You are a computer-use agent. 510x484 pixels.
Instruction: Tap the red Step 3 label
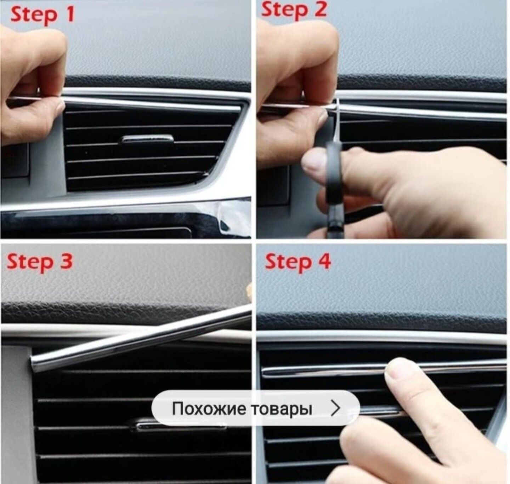pos(39,262)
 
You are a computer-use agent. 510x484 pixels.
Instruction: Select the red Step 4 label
pos(297,262)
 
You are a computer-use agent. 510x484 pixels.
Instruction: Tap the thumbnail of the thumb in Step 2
pos(313,162)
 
